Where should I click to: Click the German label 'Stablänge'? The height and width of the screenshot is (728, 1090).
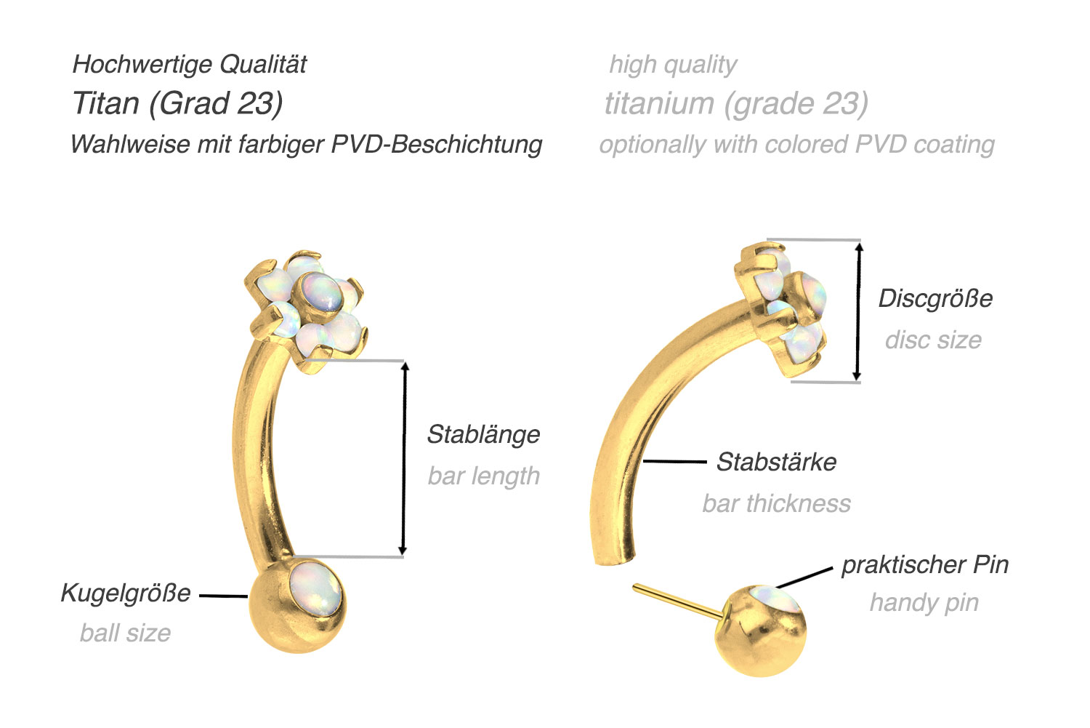(483, 434)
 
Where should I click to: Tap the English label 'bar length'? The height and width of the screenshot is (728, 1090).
(484, 476)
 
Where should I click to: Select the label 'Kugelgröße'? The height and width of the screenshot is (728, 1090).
(126, 593)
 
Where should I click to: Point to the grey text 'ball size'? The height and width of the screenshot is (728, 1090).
(126, 633)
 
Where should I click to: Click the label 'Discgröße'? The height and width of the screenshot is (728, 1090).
(935, 298)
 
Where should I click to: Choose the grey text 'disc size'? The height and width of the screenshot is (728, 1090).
(933, 340)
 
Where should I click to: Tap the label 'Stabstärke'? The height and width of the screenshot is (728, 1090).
(776, 462)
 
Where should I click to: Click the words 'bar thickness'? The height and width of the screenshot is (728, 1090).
(777, 503)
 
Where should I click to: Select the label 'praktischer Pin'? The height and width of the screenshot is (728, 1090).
(925, 565)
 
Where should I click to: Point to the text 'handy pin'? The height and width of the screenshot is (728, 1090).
(924, 603)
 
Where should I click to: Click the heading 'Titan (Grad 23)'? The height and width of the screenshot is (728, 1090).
(177, 103)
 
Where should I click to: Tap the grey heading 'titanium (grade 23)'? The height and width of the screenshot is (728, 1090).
(736, 103)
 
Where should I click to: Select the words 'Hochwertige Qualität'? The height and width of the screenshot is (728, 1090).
(189, 64)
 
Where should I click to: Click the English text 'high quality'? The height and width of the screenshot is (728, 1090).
(673, 65)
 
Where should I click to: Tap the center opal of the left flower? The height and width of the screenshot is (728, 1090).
(320, 295)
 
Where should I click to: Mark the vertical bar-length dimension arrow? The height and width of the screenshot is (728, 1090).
(404, 458)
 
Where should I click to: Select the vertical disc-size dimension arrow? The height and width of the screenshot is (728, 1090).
(858, 312)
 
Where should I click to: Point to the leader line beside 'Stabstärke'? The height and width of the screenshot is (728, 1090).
(675, 461)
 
